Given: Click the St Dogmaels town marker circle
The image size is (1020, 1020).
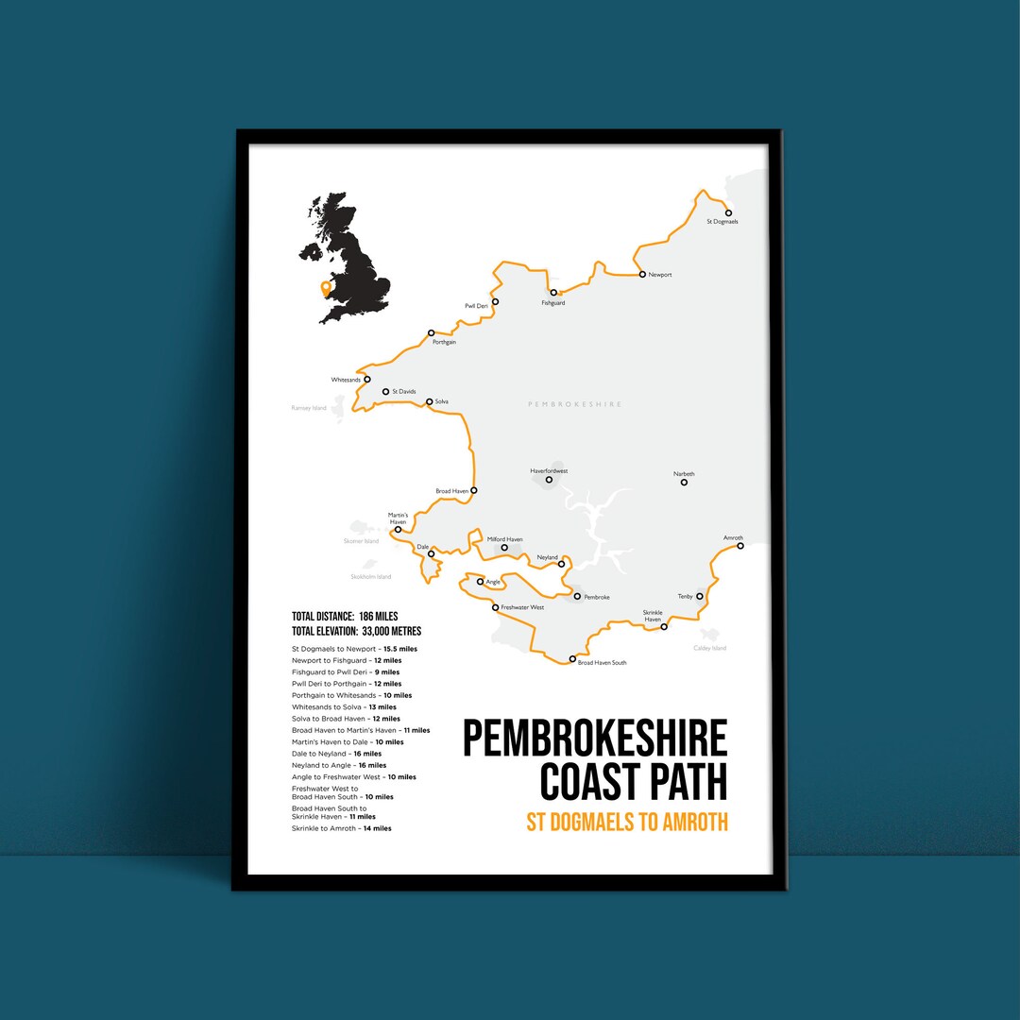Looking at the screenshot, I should [728, 213].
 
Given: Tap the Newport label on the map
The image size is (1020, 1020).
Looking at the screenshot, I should [660, 275].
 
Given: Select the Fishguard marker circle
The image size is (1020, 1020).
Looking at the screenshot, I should [553, 293].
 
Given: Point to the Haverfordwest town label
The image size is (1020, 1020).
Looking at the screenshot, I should [549, 470].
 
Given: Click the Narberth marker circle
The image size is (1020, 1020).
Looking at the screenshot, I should [684, 483].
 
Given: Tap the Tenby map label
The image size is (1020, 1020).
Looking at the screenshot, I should [685, 597].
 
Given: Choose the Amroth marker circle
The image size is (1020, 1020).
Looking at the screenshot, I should [740, 546].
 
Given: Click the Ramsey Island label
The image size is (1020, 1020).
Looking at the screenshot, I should [308, 408].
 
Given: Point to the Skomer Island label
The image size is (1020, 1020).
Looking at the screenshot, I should [361, 542].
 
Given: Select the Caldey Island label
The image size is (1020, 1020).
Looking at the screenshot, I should [709, 649].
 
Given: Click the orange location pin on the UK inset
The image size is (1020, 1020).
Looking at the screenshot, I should [326, 287].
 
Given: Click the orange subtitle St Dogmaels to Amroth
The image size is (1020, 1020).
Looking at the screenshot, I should [627, 822].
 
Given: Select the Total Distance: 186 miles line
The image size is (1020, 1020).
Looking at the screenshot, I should [345, 617].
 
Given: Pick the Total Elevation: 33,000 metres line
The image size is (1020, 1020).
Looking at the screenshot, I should [357, 631].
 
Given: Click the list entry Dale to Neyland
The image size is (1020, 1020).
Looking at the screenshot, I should [337, 754].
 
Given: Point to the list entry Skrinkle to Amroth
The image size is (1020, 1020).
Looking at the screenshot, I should [342, 828].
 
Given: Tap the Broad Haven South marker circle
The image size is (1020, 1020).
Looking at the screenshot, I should [572, 659].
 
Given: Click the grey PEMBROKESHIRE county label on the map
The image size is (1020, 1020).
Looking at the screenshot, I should [574, 404].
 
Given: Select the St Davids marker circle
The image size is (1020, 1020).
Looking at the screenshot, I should [385, 392].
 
